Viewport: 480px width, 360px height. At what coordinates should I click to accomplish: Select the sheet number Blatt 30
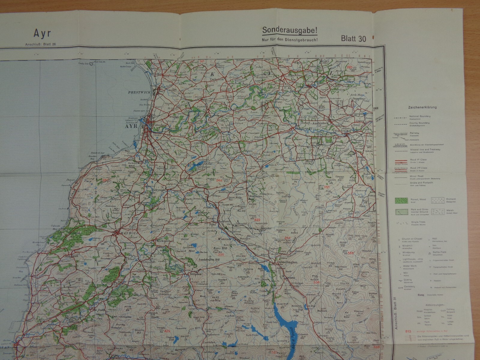click(353, 38)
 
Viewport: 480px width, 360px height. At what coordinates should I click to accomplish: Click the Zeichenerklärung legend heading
click(422, 107)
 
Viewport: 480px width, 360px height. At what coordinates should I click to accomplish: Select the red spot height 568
click(351, 253)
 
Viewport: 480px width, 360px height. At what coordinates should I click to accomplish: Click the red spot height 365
click(327, 187)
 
